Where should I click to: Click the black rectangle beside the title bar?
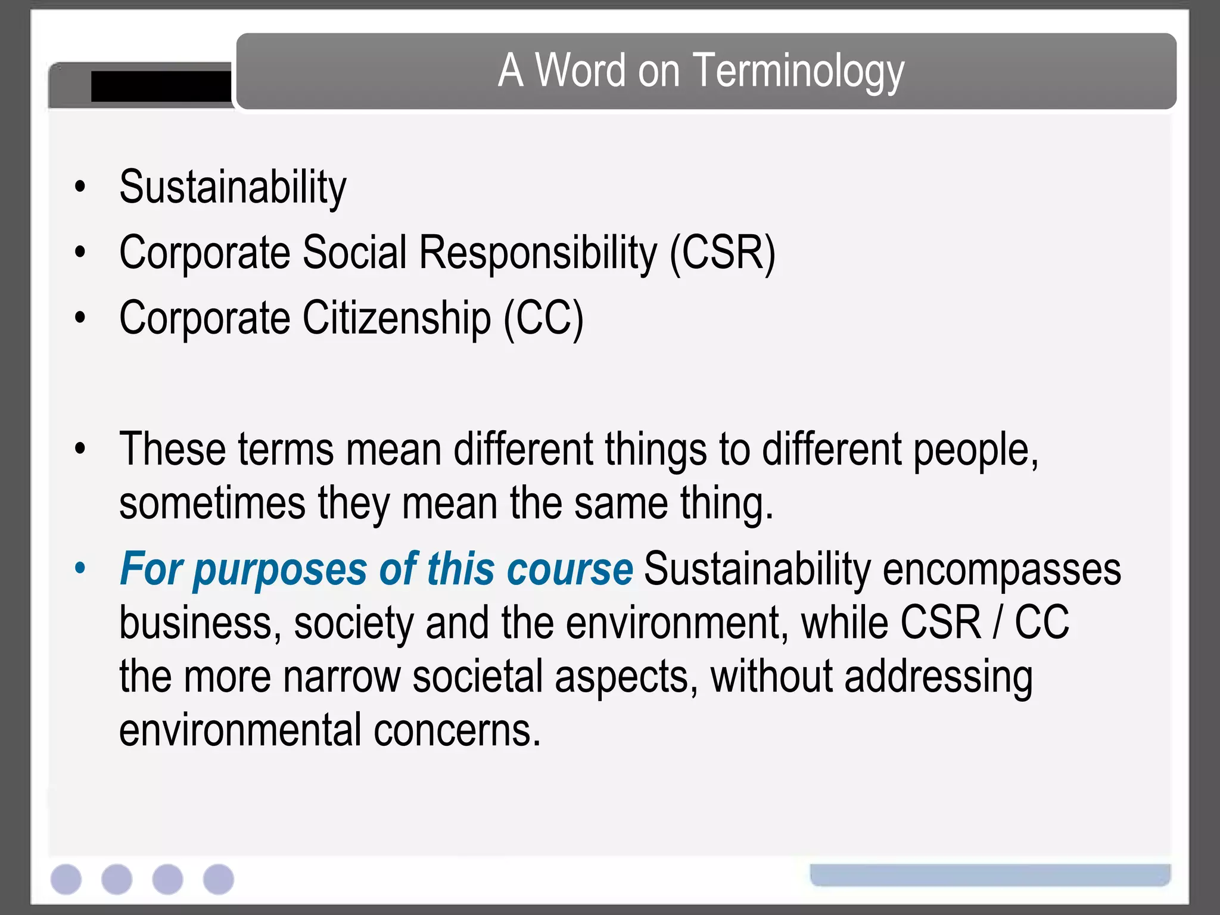pyautogui.click(x=161, y=87)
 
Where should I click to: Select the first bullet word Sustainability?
pyautogui.click(x=232, y=188)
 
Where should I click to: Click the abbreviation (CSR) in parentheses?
pyautogui.click(x=722, y=253)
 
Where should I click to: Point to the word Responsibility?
pyautogui.click(x=538, y=253)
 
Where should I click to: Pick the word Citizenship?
pyautogui.click(x=397, y=319)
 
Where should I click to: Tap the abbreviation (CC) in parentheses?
pyautogui.click(x=543, y=319)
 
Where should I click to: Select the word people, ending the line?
pyautogui.click(x=976, y=450)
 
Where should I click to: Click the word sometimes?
pyautogui.click(x=212, y=504)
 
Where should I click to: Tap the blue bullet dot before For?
pyautogui.click(x=80, y=568)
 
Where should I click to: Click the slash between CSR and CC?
pyautogui.click(x=997, y=623)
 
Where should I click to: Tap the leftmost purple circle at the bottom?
pyautogui.click(x=66, y=879)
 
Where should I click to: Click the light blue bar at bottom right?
pyautogui.click(x=990, y=874)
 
